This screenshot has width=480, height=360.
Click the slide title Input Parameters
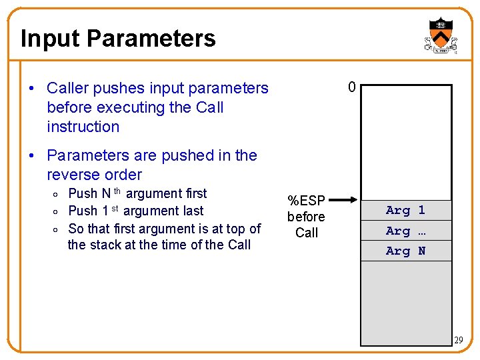tap(118, 38)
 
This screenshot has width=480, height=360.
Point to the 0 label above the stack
tap(352, 87)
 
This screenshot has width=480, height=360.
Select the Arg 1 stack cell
tap(406, 210)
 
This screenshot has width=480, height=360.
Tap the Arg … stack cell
tap(406, 231)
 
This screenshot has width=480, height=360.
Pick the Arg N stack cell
tap(406, 251)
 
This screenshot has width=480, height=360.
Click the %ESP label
tap(306, 201)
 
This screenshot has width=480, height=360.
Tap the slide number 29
tap(458, 341)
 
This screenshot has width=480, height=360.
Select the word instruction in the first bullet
tap(83, 127)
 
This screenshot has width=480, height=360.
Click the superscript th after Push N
tap(117, 191)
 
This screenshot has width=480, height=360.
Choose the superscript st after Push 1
tap(115, 209)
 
